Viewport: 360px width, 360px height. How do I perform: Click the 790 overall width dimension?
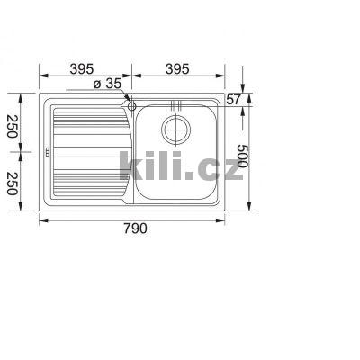(x=132, y=229)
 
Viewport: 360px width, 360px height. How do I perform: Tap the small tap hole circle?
(x=132, y=107)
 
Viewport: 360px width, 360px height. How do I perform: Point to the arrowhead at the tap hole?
(x=128, y=103)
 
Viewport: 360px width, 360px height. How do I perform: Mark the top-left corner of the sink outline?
(x=41, y=92)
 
